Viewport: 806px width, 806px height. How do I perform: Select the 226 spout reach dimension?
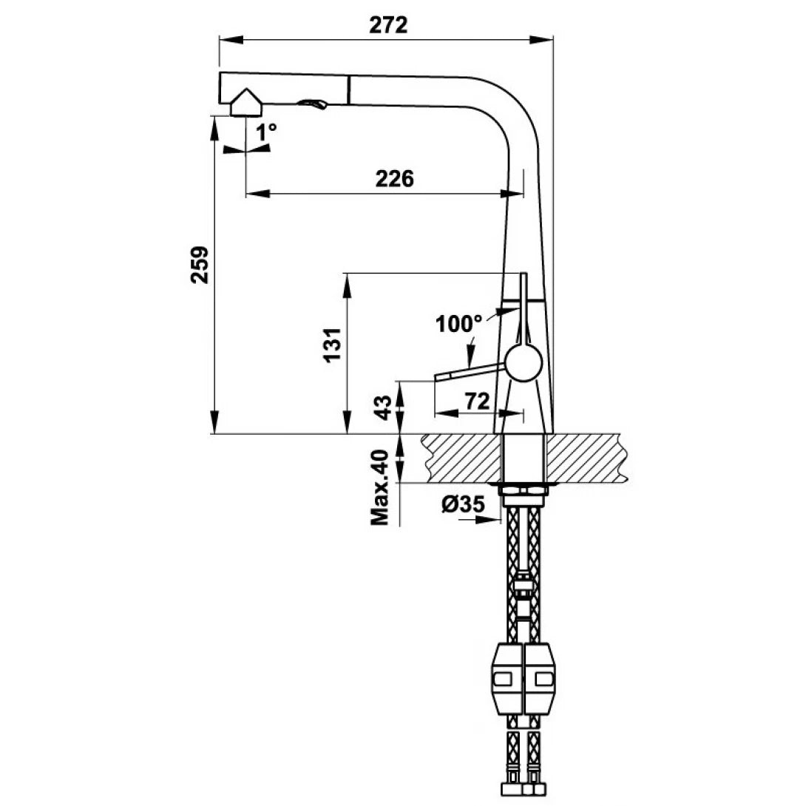[394, 179]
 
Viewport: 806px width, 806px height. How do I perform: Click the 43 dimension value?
[382, 407]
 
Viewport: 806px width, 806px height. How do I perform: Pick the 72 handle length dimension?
[476, 402]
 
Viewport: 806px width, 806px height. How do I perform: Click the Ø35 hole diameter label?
[463, 504]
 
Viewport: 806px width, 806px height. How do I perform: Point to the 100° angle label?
[458, 323]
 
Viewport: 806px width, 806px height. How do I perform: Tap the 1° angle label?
[267, 132]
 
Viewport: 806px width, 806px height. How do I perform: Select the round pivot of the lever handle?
[524, 364]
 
